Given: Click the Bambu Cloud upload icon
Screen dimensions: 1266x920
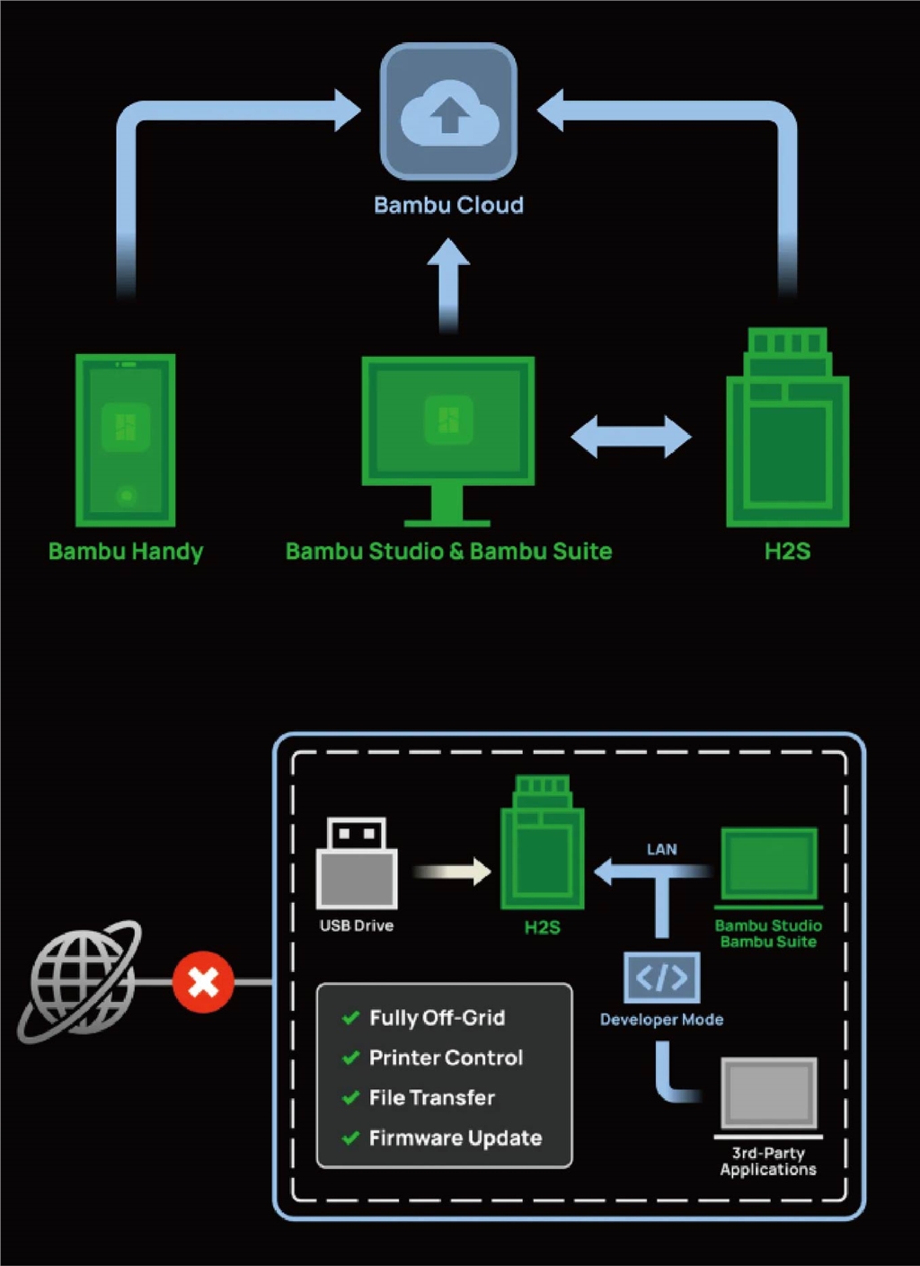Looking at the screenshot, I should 448,112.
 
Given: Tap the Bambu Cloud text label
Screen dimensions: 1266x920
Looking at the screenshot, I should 448,205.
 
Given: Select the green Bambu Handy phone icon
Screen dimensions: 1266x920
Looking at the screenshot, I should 125,439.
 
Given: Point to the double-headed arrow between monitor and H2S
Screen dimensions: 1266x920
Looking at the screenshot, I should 631,437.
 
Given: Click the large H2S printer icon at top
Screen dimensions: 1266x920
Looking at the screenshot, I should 787,429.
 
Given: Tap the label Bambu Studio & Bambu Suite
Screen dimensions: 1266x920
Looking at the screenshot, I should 448,551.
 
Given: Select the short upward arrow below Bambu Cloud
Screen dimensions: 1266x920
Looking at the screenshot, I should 448,286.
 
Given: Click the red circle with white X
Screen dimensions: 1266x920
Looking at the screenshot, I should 203,981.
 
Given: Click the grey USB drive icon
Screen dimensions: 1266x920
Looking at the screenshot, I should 357,863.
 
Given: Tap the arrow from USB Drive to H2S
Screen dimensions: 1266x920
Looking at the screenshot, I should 452,871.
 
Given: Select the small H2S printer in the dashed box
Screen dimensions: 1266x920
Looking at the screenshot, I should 542,843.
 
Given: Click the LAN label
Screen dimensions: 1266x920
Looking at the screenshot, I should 661,849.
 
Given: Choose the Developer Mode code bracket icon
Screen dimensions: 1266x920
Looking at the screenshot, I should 661,978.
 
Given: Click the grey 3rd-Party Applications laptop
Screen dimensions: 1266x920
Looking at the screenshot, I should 768,1095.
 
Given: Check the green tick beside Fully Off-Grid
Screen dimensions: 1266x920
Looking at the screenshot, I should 350,1018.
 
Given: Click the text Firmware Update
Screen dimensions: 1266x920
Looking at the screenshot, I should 455,1138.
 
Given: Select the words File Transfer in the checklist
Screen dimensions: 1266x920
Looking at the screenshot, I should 431,1097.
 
